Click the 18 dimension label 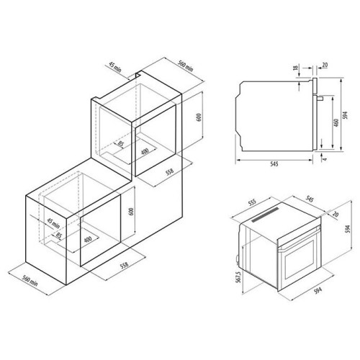tap(296, 67)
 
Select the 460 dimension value tap(336, 122)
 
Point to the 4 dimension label tap(325, 158)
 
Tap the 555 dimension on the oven tap(252, 202)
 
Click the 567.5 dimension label tap(238, 277)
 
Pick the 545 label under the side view tap(274, 164)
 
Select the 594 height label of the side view tap(345, 115)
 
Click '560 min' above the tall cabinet tap(185, 66)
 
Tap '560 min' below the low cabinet tap(30, 281)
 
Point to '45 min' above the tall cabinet tap(115, 67)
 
